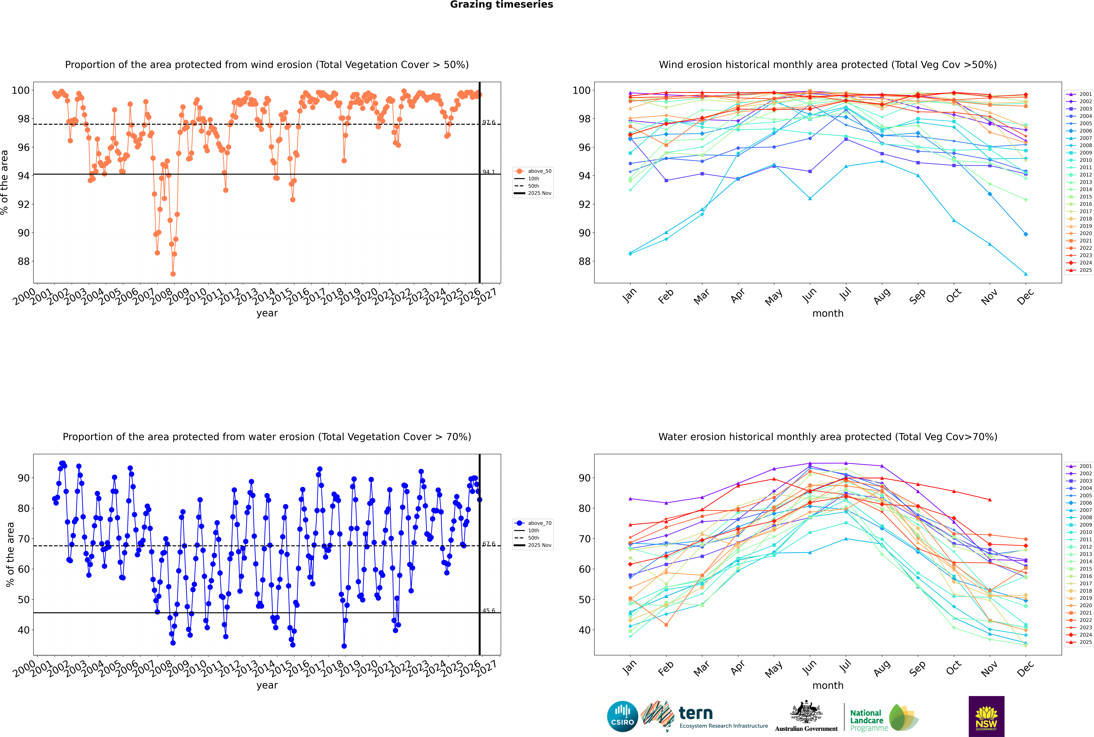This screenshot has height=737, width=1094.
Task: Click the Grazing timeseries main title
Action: coord(501,5)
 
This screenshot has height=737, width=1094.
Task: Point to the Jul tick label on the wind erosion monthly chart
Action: coord(845,295)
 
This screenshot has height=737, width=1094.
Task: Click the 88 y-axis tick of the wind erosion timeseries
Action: coord(23,261)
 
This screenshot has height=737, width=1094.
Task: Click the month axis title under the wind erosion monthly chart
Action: coord(828,314)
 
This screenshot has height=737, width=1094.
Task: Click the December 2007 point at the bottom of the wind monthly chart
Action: coord(1026,274)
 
